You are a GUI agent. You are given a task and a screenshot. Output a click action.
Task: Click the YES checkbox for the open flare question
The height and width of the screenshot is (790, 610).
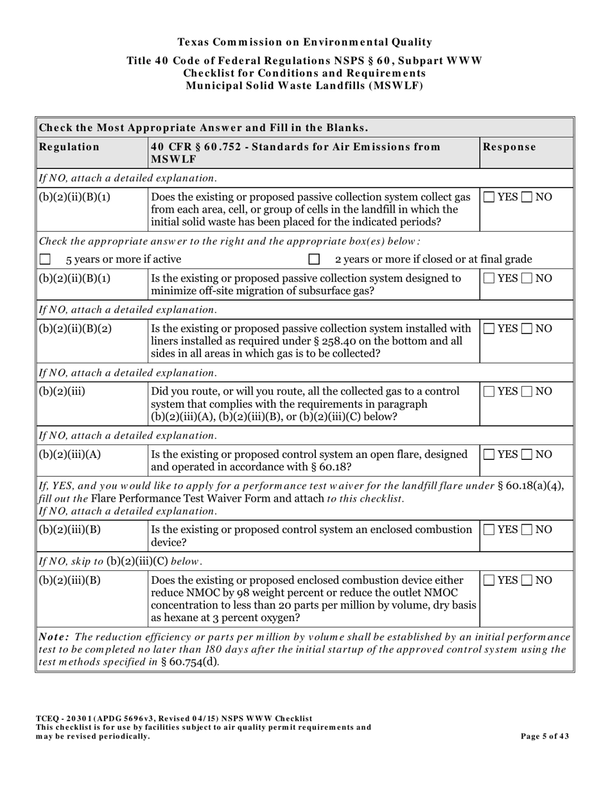489,455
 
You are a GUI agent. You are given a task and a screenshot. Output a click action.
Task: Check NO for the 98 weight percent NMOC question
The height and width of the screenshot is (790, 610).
528,581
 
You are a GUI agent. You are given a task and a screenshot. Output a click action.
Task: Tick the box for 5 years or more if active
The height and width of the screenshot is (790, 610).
45,259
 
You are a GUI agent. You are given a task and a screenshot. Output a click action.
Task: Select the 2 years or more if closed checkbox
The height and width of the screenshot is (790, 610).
314,259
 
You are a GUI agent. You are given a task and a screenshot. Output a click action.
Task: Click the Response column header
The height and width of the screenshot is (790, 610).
510,147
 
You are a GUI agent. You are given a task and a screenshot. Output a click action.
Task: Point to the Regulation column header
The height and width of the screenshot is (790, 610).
69,147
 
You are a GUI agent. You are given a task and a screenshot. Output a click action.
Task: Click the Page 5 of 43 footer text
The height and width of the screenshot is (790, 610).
545,737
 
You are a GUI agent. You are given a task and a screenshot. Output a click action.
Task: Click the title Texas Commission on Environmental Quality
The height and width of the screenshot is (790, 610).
304,42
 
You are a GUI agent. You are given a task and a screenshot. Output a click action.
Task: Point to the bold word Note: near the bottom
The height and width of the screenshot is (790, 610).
55,637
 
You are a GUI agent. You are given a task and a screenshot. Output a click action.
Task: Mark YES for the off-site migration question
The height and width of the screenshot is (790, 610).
489,279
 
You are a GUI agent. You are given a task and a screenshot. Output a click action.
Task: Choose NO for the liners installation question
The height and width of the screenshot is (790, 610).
528,329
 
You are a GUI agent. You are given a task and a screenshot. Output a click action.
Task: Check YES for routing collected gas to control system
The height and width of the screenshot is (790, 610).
489,392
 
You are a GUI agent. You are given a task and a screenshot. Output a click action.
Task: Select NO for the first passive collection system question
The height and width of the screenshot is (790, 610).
528,197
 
